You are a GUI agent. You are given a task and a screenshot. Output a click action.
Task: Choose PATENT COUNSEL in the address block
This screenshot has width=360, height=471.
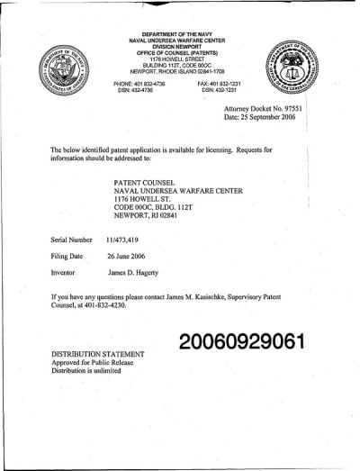[x=138, y=180]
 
